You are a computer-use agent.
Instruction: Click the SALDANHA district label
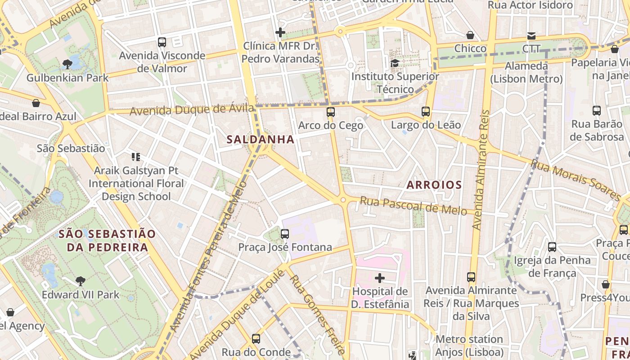tap(261, 139)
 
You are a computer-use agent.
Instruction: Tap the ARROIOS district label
tap(434, 184)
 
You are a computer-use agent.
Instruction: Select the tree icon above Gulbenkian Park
tap(67, 64)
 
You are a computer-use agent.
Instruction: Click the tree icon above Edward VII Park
tap(81, 281)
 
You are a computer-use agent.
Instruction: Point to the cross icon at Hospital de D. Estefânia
tap(380, 278)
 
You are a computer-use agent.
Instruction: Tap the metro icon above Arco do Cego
tap(331, 112)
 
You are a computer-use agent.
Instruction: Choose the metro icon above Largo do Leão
tap(426, 111)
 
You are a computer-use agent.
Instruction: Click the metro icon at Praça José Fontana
tap(285, 234)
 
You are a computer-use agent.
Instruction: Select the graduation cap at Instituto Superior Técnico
tap(395, 63)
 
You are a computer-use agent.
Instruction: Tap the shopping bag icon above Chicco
tap(470, 35)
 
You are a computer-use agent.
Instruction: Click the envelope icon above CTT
tap(531, 36)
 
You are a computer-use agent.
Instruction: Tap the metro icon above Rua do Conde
tap(256, 338)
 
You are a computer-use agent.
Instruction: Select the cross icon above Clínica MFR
tap(280, 32)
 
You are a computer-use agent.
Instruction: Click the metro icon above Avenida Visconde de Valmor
tap(162, 42)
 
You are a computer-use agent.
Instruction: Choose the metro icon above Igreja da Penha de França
tap(552, 247)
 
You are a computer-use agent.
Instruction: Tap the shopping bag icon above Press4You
tap(606, 284)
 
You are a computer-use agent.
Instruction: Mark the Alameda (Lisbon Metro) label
tap(526, 72)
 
